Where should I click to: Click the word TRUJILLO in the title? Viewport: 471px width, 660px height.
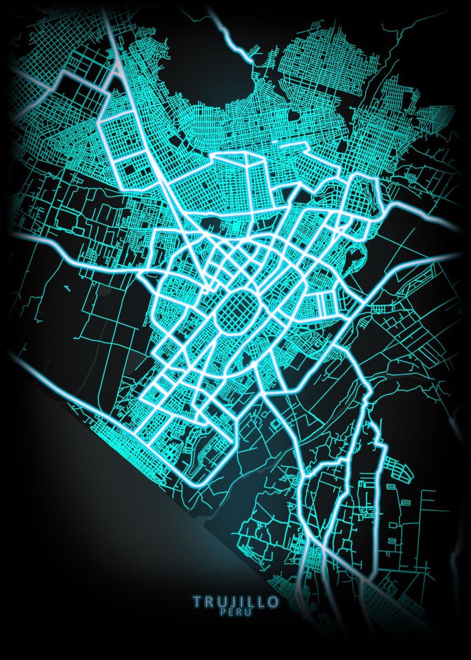236,602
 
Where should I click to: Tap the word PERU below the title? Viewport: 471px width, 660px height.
236,612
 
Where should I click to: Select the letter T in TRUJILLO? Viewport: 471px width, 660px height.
197,602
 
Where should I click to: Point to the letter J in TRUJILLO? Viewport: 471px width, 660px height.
230,602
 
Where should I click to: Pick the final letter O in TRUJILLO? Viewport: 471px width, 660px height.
273,602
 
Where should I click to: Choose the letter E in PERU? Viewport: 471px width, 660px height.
231,612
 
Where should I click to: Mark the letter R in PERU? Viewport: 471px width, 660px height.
240,612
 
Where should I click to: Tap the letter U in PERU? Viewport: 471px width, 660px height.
249,612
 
